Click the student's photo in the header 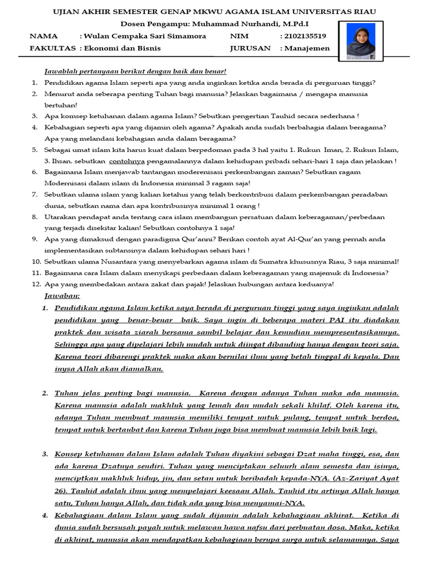point(361,40)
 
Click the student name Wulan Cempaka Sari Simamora point(145,36)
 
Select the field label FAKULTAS point(53,48)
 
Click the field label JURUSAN point(250,48)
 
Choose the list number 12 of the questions point(35,284)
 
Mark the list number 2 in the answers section point(45,393)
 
